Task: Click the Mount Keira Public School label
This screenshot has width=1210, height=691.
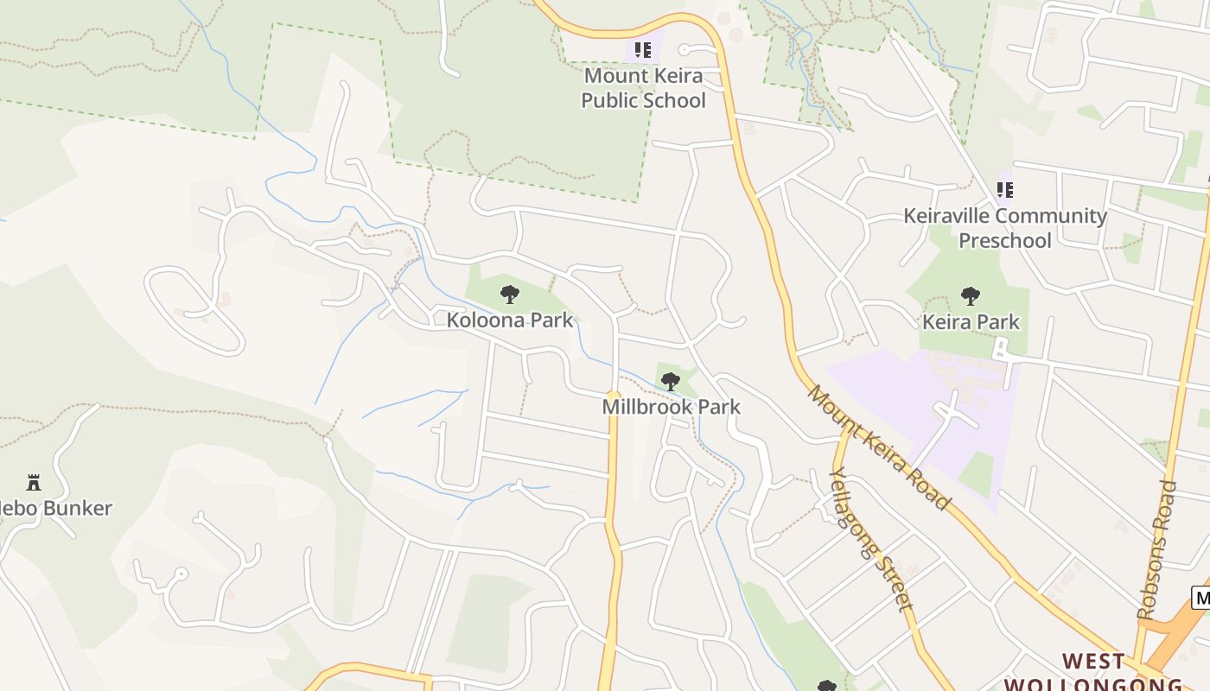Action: coord(642,88)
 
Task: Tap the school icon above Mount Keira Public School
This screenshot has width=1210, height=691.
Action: coord(642,50)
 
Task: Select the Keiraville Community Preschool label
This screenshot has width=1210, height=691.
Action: coord(1005,228)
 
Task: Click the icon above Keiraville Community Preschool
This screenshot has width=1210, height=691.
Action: coord(1005,189)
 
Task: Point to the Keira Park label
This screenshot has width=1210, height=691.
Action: coord(971,322)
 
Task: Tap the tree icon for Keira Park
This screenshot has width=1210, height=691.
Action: coord(971,296)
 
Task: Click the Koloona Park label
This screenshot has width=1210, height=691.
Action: coord(510,320)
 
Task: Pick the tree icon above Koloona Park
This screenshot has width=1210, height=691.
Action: coord(510,295)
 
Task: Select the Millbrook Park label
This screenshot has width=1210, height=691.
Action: coord(672,406)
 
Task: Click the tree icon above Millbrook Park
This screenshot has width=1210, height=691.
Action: coord(670,382)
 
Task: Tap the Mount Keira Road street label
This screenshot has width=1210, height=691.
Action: coord(879,447)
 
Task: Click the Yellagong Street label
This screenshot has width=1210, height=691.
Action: coord(870,539)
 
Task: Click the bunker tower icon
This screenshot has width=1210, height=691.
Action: coord(34,482)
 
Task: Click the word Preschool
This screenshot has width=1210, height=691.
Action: coord(1005,240)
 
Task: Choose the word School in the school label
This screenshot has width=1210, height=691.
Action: coord(667,100)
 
